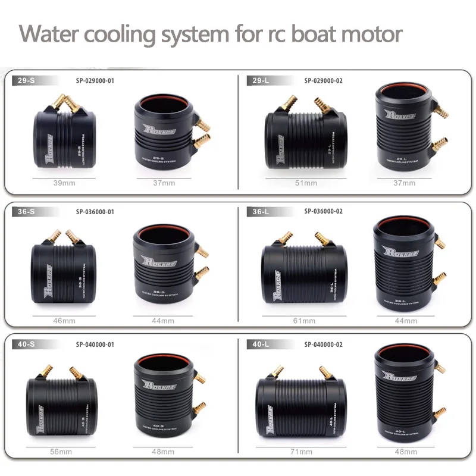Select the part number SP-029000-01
(x=95, y=80)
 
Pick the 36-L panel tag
(x=261, y=211)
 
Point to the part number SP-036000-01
(x=95, y=211)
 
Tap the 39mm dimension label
(x=64, y=183)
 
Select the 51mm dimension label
(x=306, y=183)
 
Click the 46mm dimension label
(x=64, y=321)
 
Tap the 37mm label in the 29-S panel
(x=164, y=183)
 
